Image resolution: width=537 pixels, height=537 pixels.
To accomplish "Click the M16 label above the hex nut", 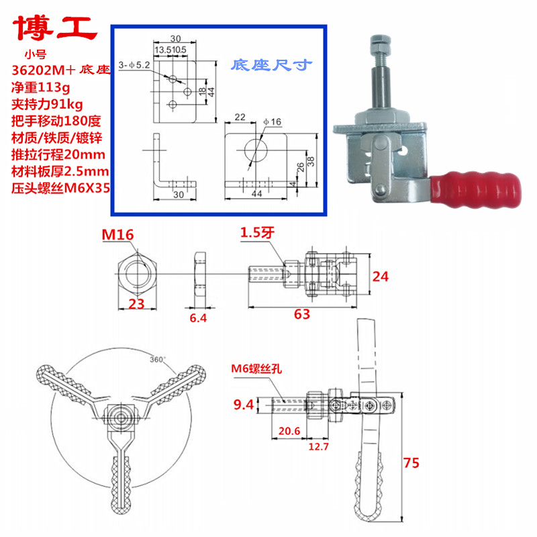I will pyautogui.click(x=117, y=234).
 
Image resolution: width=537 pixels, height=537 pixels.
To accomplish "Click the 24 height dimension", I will pyautogui.click(x=381, y=276).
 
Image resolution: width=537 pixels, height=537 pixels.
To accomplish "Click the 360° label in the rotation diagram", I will pyautogui.click(x=158, y=358).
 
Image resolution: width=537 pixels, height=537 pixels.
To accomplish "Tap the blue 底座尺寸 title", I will pyautogui.click(x=272, y=66).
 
